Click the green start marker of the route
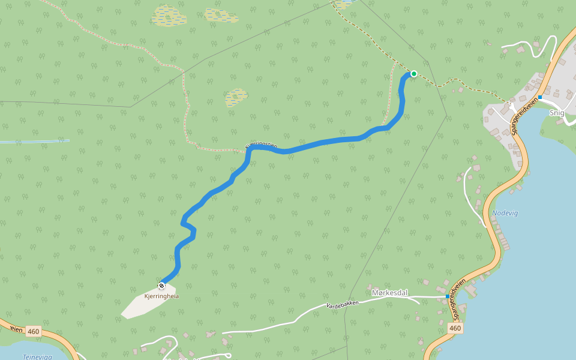[x=413, y=74]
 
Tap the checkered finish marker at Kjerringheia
[x=161, y=286]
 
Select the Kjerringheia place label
[x=162, y=296]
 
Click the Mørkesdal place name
[x=389, y=293]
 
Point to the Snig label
[x=556, y=113]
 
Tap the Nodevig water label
[x=504, y=213]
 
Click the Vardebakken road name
[x=342, y=304]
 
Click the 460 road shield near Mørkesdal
[x=455, y=328]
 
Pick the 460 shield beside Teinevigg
[x=33, y=331]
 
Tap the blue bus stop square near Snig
[x=540, y=97]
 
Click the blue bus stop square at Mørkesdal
[x=448, y=296]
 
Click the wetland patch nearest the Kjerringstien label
[x=236, y=97]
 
